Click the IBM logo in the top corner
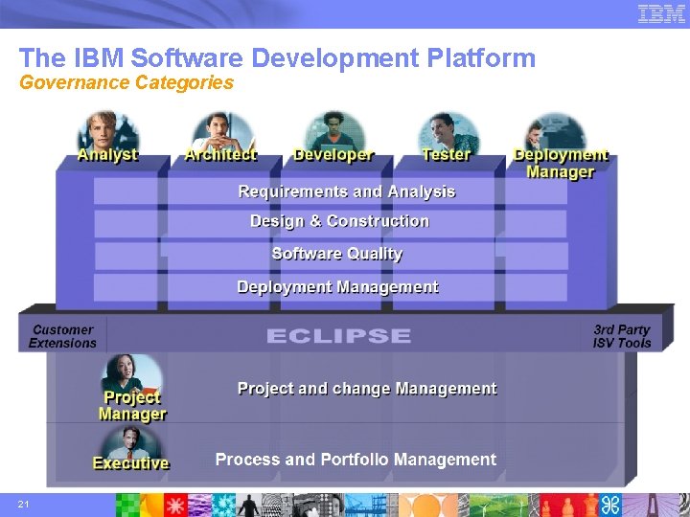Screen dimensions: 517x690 coord(661,13)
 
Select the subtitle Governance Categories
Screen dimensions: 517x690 coord(126,83)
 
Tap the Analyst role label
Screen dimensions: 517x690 coord(107,155)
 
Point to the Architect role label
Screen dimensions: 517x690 coord(220,155)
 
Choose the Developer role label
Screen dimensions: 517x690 coord(333,155)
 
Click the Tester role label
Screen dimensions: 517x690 coord(446,155)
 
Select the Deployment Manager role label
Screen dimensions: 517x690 coord(561,164)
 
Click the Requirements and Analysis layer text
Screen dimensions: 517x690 coord(347,192)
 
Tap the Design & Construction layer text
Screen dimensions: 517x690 coord(339,221)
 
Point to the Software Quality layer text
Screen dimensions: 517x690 coord(337,254)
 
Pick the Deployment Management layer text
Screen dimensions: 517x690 coord(337,287)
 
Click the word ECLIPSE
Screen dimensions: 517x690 coord(338,336)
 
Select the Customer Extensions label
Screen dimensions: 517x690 coord(62,336)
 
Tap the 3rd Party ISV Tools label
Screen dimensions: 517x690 coord(622,336)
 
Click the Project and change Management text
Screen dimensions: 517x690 coord(367,389)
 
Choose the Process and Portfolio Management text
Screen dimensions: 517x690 coord(356,460)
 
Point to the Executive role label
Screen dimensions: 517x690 coord(130,463)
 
